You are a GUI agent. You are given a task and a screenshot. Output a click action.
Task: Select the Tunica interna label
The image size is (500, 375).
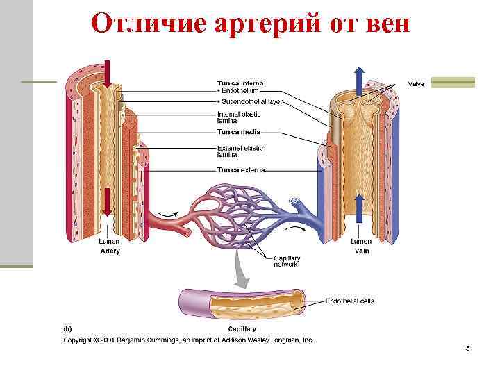[x=240, y=84]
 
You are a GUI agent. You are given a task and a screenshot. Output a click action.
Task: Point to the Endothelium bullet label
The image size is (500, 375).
[x=238, y=91]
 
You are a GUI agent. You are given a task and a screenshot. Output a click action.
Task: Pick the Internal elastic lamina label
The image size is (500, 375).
[x=239, y=117]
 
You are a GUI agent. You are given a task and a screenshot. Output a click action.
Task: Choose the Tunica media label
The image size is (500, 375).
[x=238, y=131]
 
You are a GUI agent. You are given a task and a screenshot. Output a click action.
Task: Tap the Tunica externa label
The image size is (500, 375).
[x=241, y=169]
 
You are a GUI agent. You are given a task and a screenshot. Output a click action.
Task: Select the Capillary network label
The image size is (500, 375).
[x=287, y=261]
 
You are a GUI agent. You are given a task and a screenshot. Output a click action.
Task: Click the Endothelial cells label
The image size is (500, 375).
[x=350, y=301]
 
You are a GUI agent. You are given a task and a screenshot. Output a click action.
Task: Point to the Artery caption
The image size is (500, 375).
[x=110, y=251]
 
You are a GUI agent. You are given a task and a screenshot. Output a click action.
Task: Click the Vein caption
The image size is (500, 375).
[x=361, y=251]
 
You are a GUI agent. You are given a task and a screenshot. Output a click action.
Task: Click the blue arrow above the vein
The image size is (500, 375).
[x=358, y=79]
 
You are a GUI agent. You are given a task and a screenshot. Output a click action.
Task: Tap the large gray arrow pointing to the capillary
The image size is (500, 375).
[x=240, y=271]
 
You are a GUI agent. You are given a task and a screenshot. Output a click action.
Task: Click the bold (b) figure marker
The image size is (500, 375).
[x=68, y=328]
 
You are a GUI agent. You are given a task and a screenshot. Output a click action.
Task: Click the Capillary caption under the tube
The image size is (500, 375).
[x=242, y=328]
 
